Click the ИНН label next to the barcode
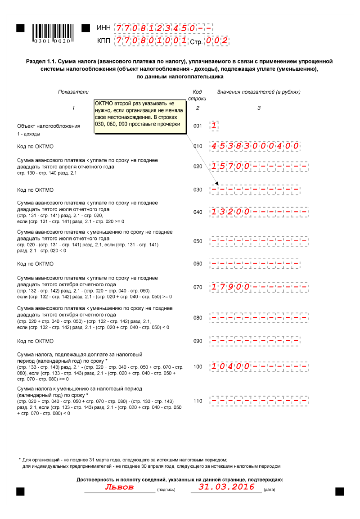103,28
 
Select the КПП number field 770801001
151,41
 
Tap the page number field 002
217,41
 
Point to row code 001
198,126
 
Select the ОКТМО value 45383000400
254,146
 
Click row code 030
198,190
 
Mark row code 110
198,401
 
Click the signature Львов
119,487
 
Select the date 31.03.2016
226,487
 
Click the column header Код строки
197,95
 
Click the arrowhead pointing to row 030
216,184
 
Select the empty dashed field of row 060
259,264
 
